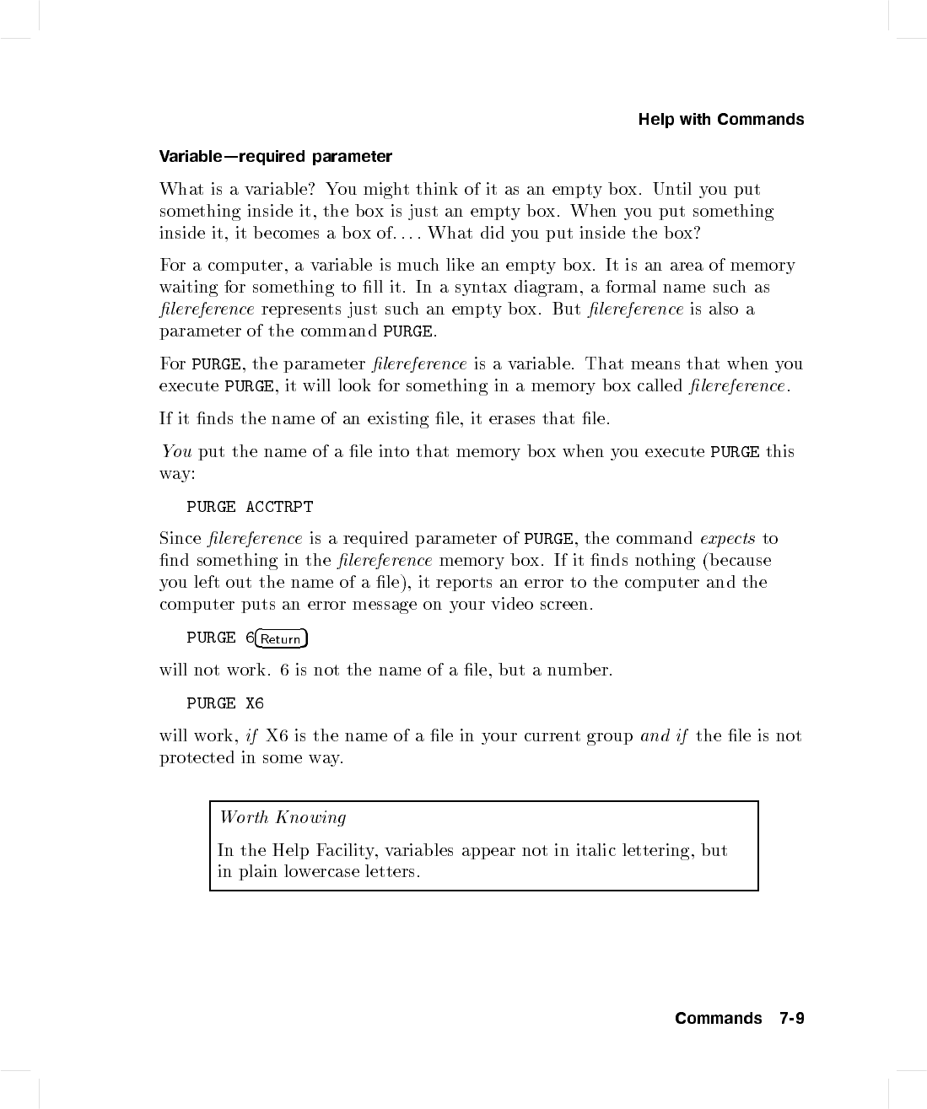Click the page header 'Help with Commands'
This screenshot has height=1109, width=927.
pos(720,120)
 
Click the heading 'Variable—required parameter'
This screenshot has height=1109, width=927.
pos(276,157)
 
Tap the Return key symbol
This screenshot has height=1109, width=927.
pos(281,638)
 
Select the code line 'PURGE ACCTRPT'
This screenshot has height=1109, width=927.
pos(250,507)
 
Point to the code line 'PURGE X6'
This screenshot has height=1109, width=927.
pos(225,703)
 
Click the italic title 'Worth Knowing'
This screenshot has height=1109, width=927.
pos(283,817)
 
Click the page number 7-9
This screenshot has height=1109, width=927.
pos(792,1019)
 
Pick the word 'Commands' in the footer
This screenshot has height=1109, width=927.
pos(718,1019)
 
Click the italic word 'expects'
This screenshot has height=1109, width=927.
pos(727,539)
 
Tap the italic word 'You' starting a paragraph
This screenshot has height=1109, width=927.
pos(176,452)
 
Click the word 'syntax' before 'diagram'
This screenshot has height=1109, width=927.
pos(479,288)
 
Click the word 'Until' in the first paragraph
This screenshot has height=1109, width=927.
pos(672,190)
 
